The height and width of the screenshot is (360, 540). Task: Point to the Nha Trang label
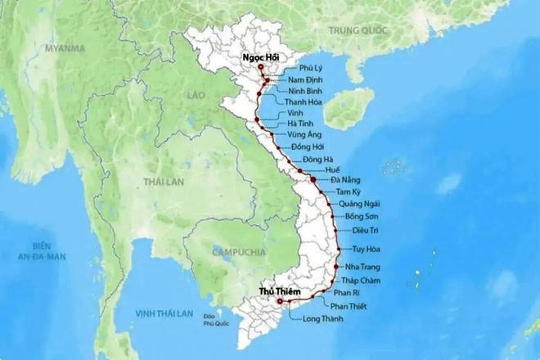pyautogui.click(x=365, y=267)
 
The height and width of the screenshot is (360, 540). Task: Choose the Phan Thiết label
pyautogui.click(x=350, y=306)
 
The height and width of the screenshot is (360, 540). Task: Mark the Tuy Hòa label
pyautogui.click(x=368, y=248)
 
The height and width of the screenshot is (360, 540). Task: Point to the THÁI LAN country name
pyautogui.click(x=160, y=180)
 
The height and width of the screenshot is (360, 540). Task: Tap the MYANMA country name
pyautogui.click(x=65, y=48)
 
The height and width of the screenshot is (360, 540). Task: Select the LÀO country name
pyautogui.click(x=196, y=96)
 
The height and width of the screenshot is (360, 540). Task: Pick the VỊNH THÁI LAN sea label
pyautogui.click(x=164, y=313)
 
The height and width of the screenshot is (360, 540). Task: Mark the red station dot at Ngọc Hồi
pyautogui.click(x=260, y=66)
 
